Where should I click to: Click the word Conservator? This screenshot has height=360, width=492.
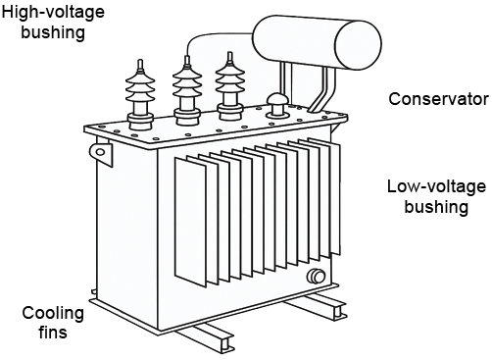pyautogui.click(x=438, y=99)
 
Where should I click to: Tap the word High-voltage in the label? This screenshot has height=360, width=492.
pyautogui.click(x=53, y=13)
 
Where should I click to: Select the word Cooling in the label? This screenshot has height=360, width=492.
pyautogui.click(x=53, y=314)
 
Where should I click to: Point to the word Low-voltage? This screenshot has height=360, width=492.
pyautogui.click(x=436, y=186)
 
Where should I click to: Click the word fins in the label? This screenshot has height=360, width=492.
pyautogui.click(x=53, y=333)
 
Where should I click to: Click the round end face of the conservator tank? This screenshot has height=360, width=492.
pyautogui.click(x=359, y=45)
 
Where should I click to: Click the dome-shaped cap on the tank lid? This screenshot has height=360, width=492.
pyautogui.click(x=277, y=105)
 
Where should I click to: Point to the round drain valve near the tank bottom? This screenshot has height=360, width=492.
pyautogui.click(x=317, y=276)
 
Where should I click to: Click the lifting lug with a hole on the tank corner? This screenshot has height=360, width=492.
pyautogui.click(x=100, y=151)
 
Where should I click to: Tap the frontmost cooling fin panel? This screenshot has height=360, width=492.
pyautogui.click(x=190, y=223)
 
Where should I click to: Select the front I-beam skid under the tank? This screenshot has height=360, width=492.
pyautogui.click(x=205, y=339)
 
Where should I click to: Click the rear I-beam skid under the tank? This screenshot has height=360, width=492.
pyautogui.click(x=316, y=305)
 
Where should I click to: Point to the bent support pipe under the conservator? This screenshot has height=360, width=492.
pyautogui.click(x=324, y=89)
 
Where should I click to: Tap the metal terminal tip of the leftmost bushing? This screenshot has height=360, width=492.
pyautogui.click(x=140, y=65)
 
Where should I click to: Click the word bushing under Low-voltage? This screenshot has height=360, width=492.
pyautogui.click(x=436, y=207)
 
